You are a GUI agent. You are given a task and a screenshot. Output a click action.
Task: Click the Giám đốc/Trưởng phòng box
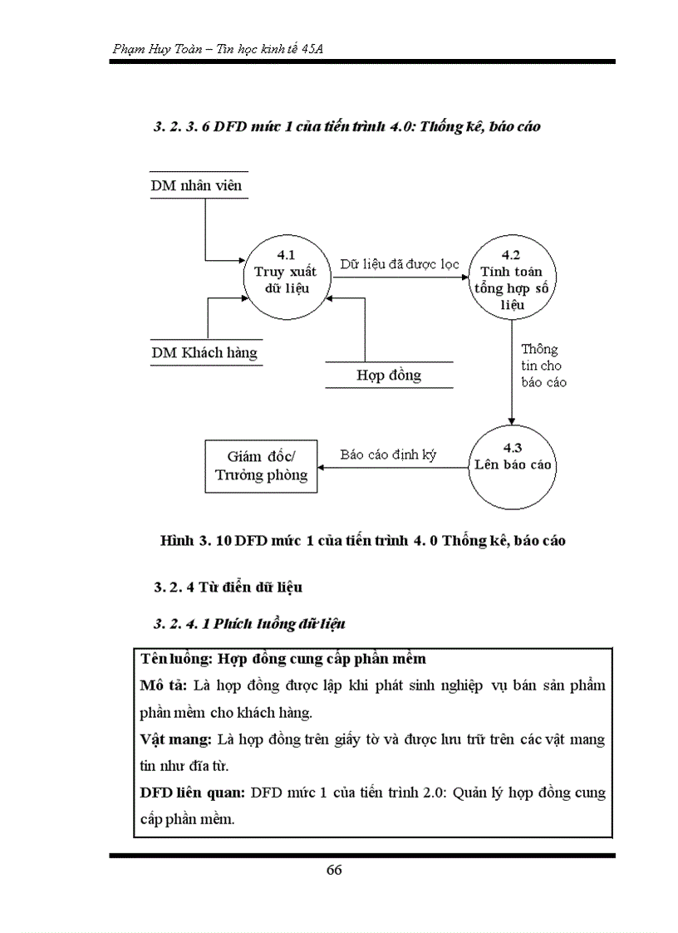[261, 465]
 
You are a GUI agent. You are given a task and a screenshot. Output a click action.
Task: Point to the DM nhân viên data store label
[196, 185]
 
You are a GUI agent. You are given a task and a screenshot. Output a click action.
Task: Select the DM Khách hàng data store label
[204, 352]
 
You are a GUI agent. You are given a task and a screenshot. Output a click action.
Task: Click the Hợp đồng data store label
[389, 375]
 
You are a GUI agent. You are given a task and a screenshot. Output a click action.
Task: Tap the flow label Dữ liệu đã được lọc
[399, 264]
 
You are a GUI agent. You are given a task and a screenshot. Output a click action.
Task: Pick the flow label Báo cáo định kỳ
[388, 455]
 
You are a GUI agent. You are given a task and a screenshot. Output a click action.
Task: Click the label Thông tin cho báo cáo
[543, 366]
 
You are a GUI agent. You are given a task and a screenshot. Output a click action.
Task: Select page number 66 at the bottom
[334, 870]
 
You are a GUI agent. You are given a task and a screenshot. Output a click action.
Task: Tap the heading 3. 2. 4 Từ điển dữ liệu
[228, 587]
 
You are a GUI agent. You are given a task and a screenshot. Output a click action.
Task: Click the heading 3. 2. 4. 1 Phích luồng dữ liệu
[249, 623]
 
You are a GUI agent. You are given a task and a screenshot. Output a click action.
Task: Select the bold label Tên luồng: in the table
[177, 659]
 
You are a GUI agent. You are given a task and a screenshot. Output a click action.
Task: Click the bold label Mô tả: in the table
[165, 686]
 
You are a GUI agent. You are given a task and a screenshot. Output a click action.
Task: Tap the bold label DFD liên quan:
[192, 792]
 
